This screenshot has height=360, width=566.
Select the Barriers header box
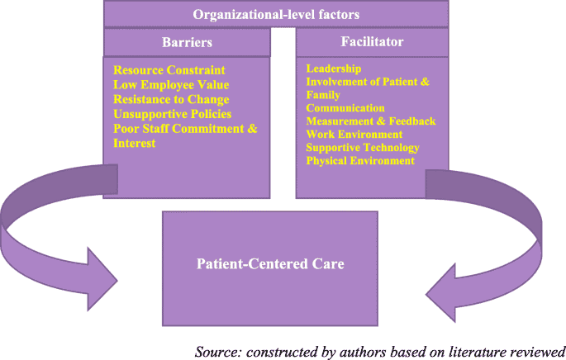(187, 41)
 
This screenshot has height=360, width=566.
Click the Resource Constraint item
(169, 70)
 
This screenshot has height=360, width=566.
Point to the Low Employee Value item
(171, 85)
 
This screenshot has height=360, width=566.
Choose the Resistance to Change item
(171, 100)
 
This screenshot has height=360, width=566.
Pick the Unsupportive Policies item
(172, 114)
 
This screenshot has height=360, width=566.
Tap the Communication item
(345, 108)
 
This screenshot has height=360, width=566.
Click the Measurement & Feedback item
(371, 121)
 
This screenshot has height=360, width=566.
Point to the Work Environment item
(354, 135)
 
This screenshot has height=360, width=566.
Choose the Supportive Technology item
(363, 148)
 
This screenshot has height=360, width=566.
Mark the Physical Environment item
(360, 161)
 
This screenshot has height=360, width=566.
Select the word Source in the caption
(216, 351)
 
